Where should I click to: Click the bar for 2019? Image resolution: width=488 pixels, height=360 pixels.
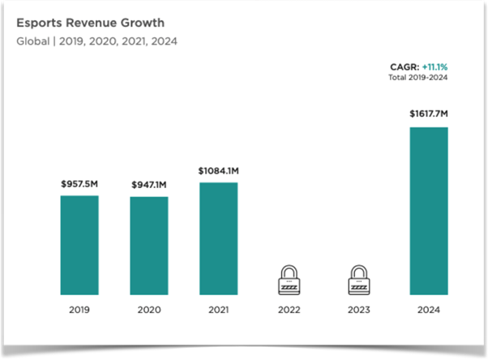coord(79,245)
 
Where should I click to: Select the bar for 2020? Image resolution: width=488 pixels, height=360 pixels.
coord(149,246)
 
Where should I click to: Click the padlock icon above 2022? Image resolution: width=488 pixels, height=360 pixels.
coord(289,280)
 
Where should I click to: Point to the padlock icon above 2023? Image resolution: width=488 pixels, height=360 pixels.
coord(359,280)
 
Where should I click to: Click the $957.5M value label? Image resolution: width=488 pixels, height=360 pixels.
coord(79,184)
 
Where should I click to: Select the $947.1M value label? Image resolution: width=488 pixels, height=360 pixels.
coord(149,186)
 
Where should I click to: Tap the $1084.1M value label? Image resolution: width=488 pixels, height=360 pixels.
coord(219,171)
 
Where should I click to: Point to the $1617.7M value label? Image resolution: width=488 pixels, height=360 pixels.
coord(429,115)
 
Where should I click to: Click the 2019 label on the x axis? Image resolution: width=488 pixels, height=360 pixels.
coord(79,311)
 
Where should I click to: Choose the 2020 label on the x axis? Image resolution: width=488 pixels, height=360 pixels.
coord(149,311)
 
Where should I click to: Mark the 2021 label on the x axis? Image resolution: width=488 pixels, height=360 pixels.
coord(219,311)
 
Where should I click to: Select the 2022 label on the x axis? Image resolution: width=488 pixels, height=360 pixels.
coord(289,311)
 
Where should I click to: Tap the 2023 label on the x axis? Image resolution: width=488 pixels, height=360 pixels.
coord(359,311)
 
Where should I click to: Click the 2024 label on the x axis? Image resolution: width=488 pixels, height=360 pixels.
coord(429,311)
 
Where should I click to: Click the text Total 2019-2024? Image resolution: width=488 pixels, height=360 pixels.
coord(418,78)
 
